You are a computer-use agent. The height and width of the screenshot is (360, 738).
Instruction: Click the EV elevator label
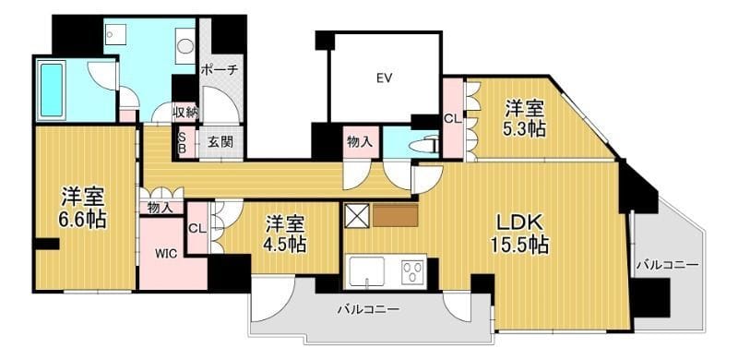(x=385, y=78)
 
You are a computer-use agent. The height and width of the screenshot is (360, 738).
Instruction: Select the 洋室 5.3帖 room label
(x=524, y=119)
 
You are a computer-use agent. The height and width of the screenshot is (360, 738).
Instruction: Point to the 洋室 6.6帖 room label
(x=83, y=207)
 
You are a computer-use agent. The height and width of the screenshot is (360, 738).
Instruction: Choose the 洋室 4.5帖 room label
(x=287, y=234)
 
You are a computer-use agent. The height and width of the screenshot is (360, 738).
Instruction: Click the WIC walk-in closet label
(x=166, y=252)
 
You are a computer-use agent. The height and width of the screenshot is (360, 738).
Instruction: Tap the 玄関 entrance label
(x=220, y=142)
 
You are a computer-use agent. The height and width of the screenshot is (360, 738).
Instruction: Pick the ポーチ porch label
(x=220, y=69)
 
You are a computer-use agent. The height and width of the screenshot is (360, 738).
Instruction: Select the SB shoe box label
(x=182, y=142)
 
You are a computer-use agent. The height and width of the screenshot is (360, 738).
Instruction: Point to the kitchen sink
(x=367, y=274)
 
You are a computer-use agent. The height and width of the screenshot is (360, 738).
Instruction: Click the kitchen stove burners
(x=412, y=273)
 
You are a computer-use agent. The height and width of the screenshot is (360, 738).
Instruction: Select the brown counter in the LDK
(x=396, y=215)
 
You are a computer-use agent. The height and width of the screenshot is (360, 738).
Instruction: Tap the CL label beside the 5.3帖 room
(x=452, y=118)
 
